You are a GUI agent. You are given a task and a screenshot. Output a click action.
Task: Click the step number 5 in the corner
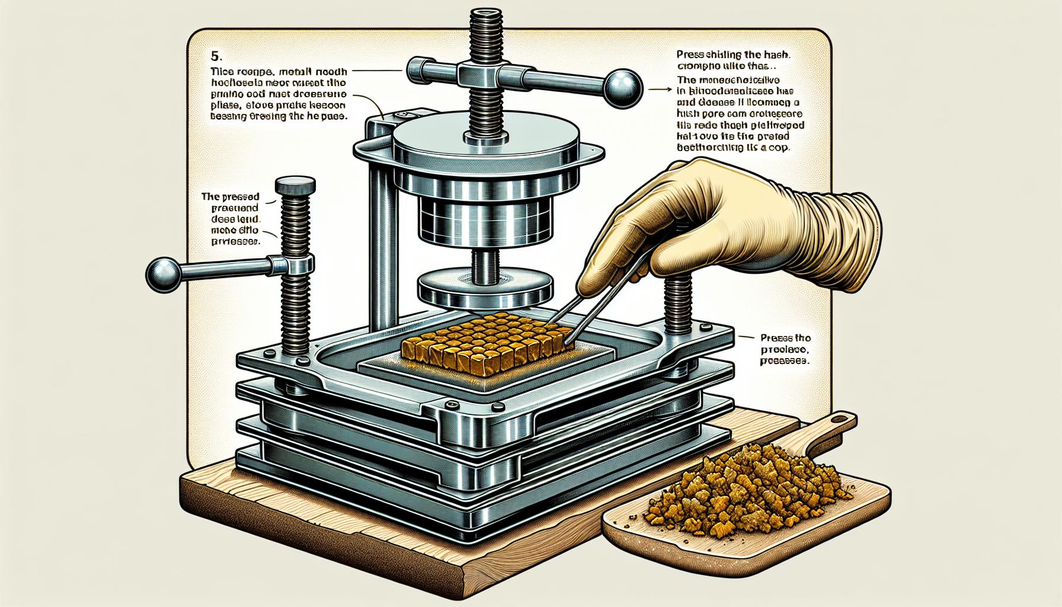(215, 56)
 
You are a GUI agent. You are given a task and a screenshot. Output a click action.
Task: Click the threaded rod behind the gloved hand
(677, 302)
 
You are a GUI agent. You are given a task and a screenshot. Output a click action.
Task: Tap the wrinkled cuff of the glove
(847, 237)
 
